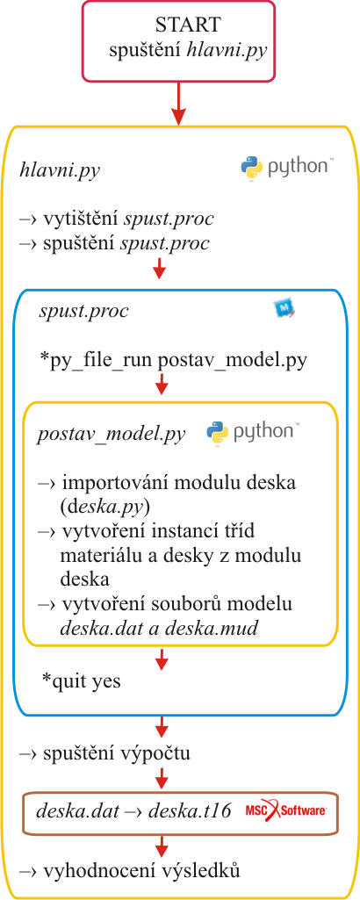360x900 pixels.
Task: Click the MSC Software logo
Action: click(x=286, y=811)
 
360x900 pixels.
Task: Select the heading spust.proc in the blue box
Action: click(x=83, y=312)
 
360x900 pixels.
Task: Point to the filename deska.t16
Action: click(x=190, y=811)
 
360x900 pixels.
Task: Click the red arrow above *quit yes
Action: click(x=161, y=659)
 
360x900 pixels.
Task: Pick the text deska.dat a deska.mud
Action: click(x=159, y=628)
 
